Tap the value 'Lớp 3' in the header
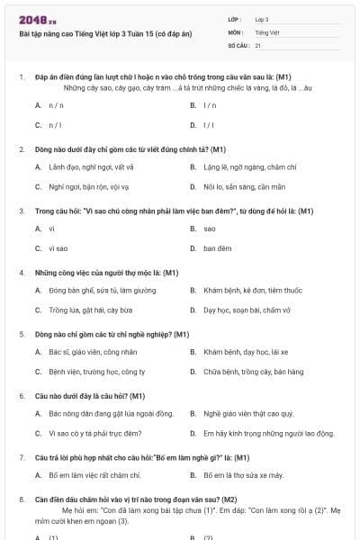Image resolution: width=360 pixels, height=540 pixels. tap(262, 18)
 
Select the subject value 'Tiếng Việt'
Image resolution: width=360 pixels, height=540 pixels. tap(266, 31)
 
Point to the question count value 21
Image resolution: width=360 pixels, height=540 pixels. tap(258, 44)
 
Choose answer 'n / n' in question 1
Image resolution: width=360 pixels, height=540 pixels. tap(55, 105)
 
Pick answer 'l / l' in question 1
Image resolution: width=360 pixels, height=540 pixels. tap(209, 124)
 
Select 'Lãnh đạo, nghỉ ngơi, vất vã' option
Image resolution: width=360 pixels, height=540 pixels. tap(91, 166)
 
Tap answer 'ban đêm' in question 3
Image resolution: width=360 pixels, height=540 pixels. tap(217, 247)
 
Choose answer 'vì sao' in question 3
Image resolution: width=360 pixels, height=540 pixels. tap(58, 247)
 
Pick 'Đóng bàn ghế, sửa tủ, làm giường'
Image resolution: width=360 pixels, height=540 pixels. tap(96, 290)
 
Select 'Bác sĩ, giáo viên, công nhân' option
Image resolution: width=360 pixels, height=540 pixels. tap(94, 352)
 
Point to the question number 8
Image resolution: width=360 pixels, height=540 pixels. tap(21, 498)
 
